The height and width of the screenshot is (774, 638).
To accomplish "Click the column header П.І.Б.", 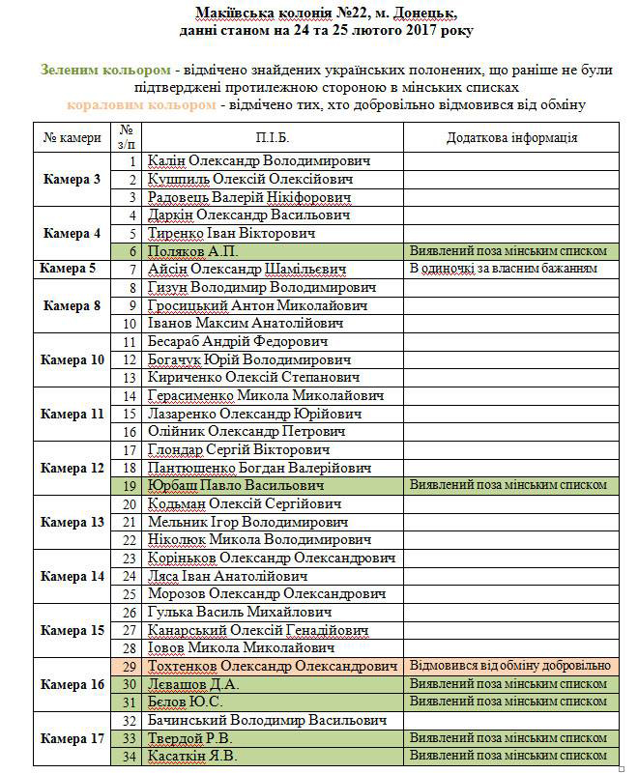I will click(x=273, y=137).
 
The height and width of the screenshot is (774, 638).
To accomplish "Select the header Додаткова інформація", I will click(x=512, y=137).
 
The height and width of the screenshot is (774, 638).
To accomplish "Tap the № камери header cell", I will click(x=72, y=137).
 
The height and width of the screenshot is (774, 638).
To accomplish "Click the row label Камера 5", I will click(x=72, y=269).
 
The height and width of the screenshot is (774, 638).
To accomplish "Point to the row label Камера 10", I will click(x=72, y=359).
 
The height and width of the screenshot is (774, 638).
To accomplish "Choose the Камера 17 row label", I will click(x=72, y=738).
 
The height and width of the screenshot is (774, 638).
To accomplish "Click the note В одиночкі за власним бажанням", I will click(x=504, y=268).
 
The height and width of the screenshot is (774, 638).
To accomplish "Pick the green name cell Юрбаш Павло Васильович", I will click(x=234, y=485).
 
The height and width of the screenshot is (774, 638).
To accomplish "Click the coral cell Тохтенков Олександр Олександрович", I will click(x=273, y=666).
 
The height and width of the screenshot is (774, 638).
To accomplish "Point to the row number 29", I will click(x=128, y=666).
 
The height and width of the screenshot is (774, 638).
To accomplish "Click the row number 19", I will click(x=128, y=485).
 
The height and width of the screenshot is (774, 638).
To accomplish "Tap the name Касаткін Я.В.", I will click(x=192, y=757).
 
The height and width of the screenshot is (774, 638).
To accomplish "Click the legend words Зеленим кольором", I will click(x=105, y=70).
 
